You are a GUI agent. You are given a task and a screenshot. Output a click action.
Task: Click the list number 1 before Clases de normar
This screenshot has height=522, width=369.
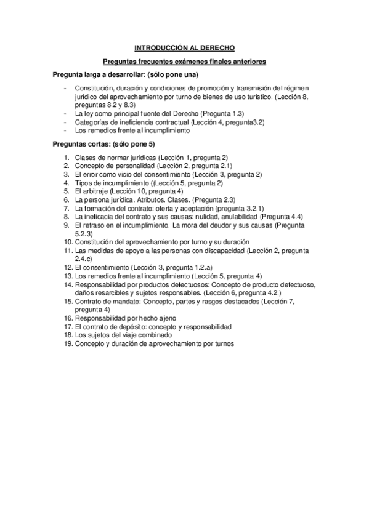click(x=67, y=158)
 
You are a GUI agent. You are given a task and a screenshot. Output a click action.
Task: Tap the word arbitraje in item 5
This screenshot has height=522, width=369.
click(x=99, y=191)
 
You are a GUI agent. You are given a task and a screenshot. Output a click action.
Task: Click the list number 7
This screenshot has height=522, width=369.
click(x=67, y=209)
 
